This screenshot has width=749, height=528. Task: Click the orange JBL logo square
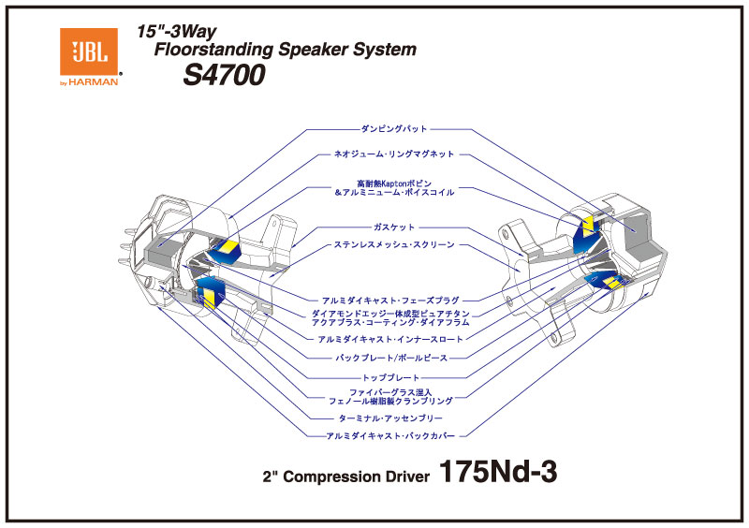coord(89,51)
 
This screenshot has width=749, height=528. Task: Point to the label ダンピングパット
coord(393,128)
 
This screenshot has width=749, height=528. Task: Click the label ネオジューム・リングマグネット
coord(393,154)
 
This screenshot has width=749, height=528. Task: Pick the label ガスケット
coord(393,227)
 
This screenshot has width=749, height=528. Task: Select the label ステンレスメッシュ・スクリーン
coord(393,245)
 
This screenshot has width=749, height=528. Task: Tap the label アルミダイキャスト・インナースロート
coord(393,338)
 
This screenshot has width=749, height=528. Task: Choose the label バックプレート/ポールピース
coord(393,358)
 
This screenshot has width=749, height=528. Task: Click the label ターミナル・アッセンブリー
coord(393,418)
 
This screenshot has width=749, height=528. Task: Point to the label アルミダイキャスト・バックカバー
coord(393,435)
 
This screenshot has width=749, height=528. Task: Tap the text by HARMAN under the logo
coord(89,82)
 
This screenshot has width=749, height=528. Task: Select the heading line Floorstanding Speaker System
coord(285,50)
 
